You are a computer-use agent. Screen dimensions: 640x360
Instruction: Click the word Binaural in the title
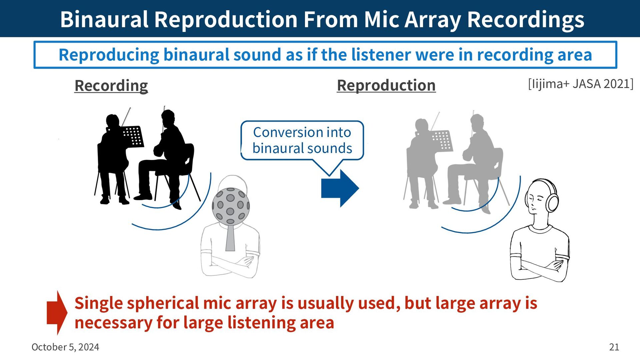(x=104, y=19)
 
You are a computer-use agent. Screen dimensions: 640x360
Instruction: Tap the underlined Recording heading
(x=111, y=86)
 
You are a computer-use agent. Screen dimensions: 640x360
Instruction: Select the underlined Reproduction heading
(x=386, y=85)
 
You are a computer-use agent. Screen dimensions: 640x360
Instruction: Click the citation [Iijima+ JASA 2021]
(x=581, y=84)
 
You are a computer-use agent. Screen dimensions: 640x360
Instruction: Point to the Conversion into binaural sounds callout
(x=302, y=141)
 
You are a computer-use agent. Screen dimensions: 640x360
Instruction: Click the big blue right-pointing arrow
(x=340, y=188)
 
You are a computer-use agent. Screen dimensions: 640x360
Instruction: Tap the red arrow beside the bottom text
(x=57, y=313)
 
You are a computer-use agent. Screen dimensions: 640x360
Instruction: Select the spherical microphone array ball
(x=231, y=206)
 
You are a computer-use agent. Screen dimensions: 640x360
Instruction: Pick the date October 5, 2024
(x=65, y=347)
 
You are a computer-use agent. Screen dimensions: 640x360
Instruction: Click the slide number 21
(x=614, y=347)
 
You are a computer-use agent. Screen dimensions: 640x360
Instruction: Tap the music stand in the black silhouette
(x=133, y=136)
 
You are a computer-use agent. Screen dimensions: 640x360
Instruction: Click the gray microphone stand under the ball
(x=230, y=237)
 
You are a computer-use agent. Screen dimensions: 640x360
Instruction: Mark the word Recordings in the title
(x=526, y=19)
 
